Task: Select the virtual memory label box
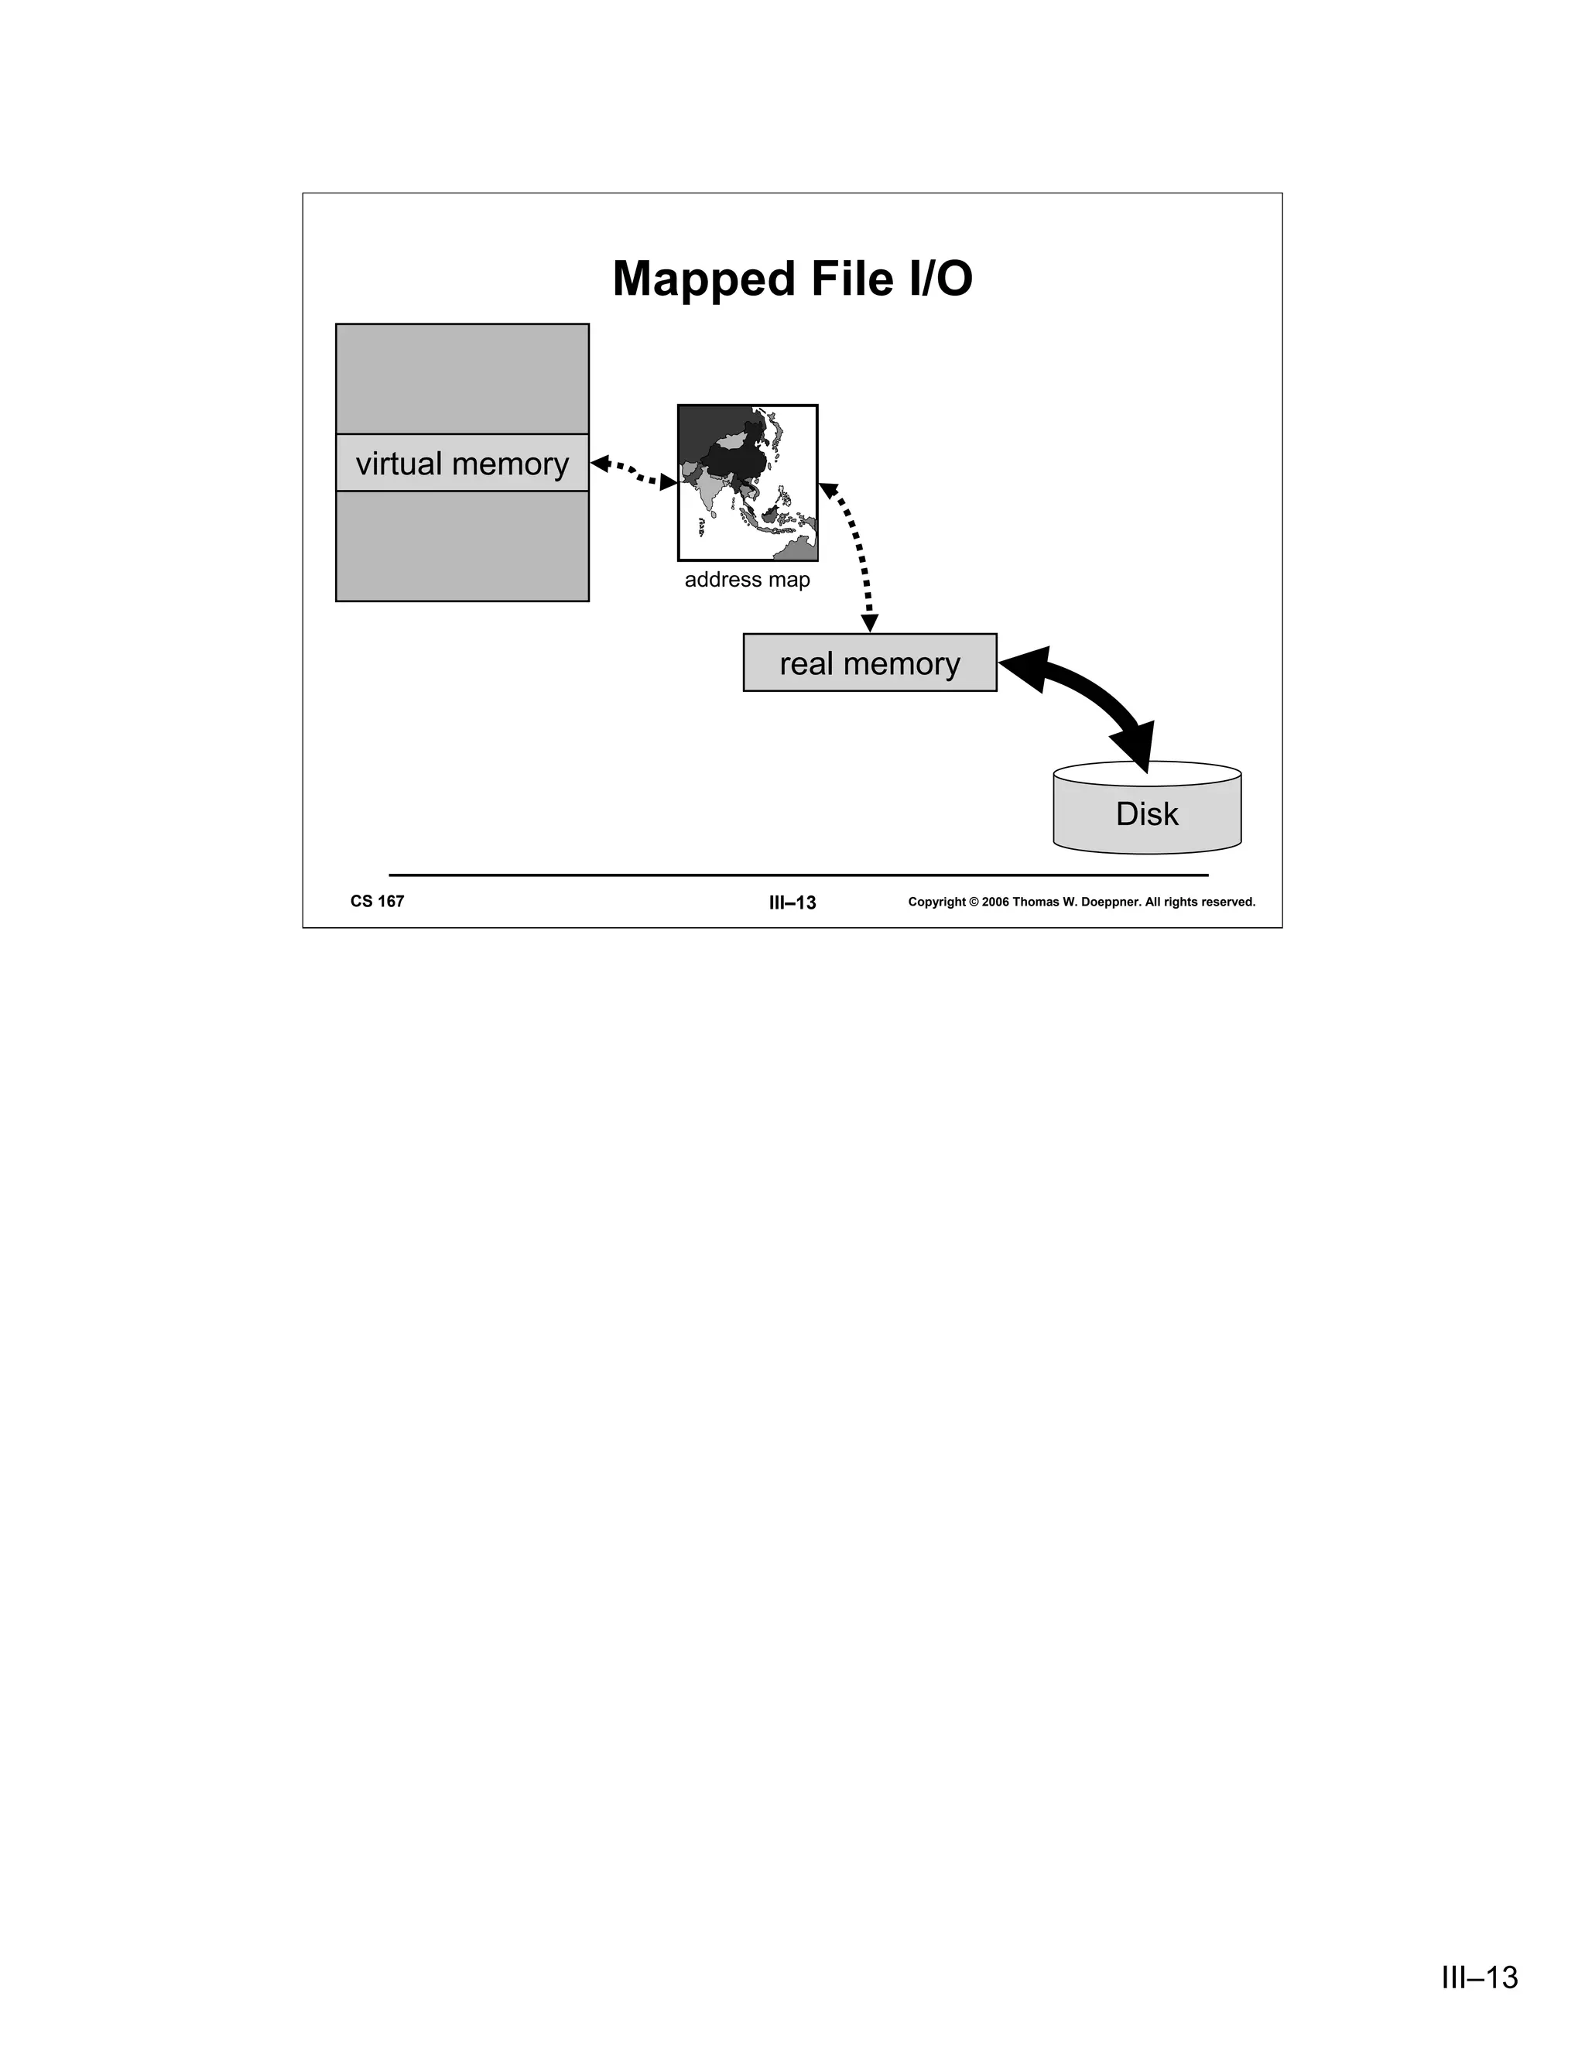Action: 462,463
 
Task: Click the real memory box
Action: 869,663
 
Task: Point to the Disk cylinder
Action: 1146,813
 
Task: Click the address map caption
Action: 747,580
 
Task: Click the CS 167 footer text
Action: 378,902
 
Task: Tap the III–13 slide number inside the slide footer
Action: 792,903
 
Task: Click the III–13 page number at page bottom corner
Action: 1480,1977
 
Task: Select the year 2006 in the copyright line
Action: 995,902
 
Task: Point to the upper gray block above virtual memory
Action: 462,378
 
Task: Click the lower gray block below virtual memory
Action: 462,546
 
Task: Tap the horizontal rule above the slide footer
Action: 798,875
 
